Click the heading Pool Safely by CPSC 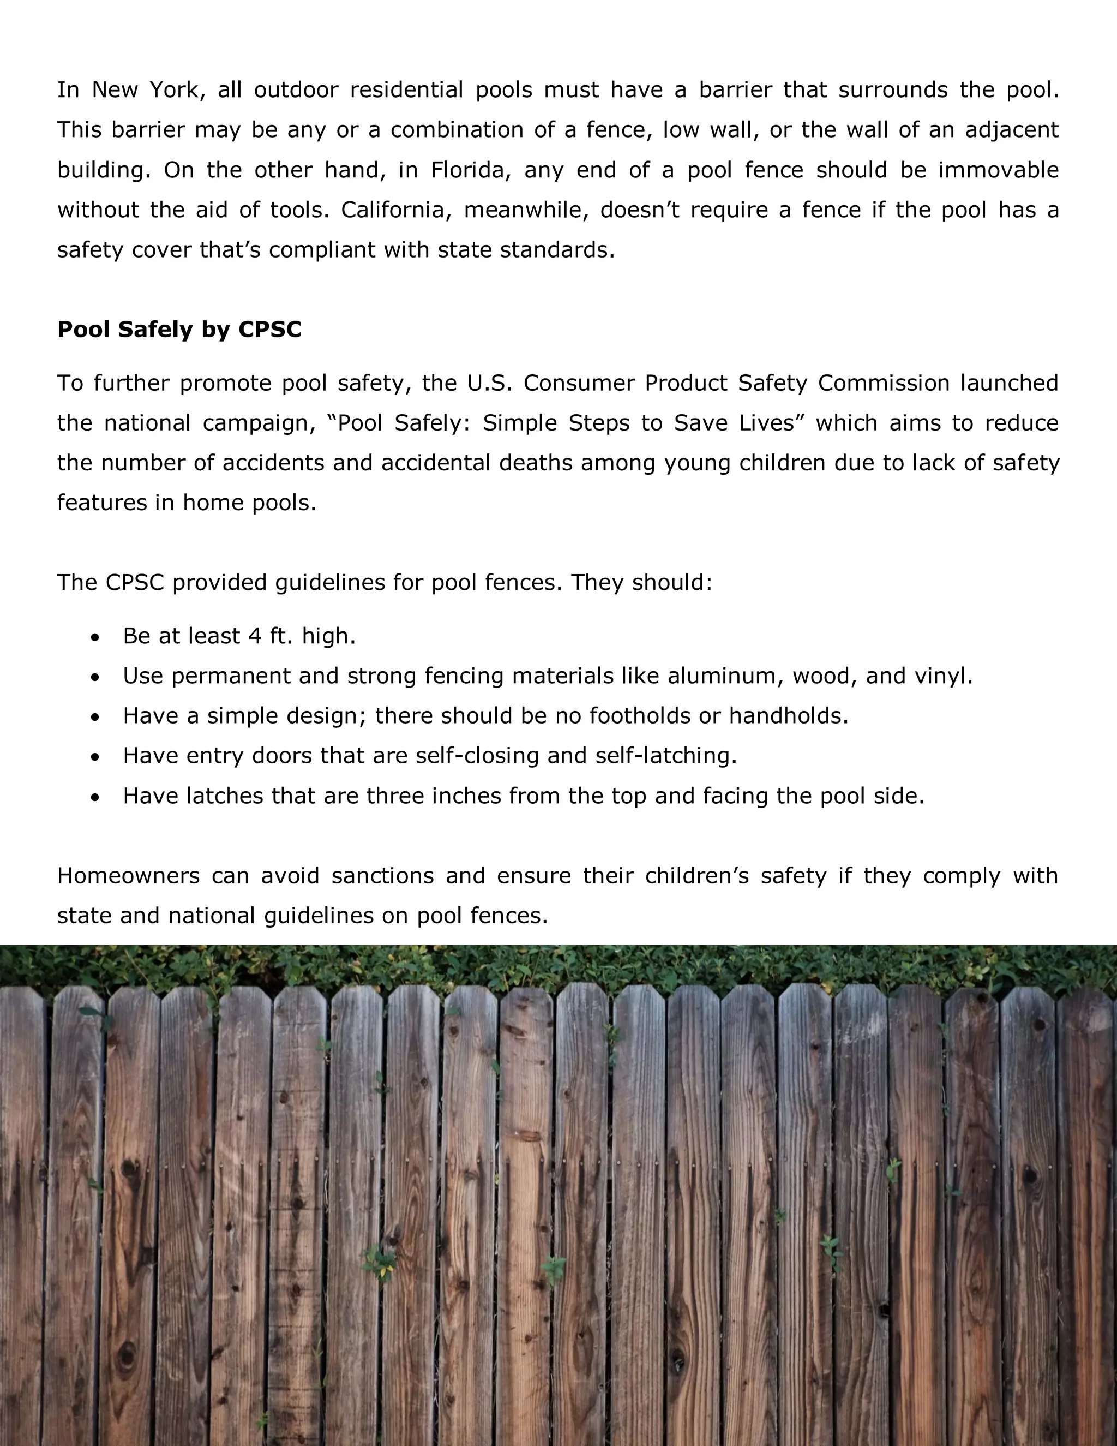[x=179, y=329]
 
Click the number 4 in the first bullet [x=255, y=636]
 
